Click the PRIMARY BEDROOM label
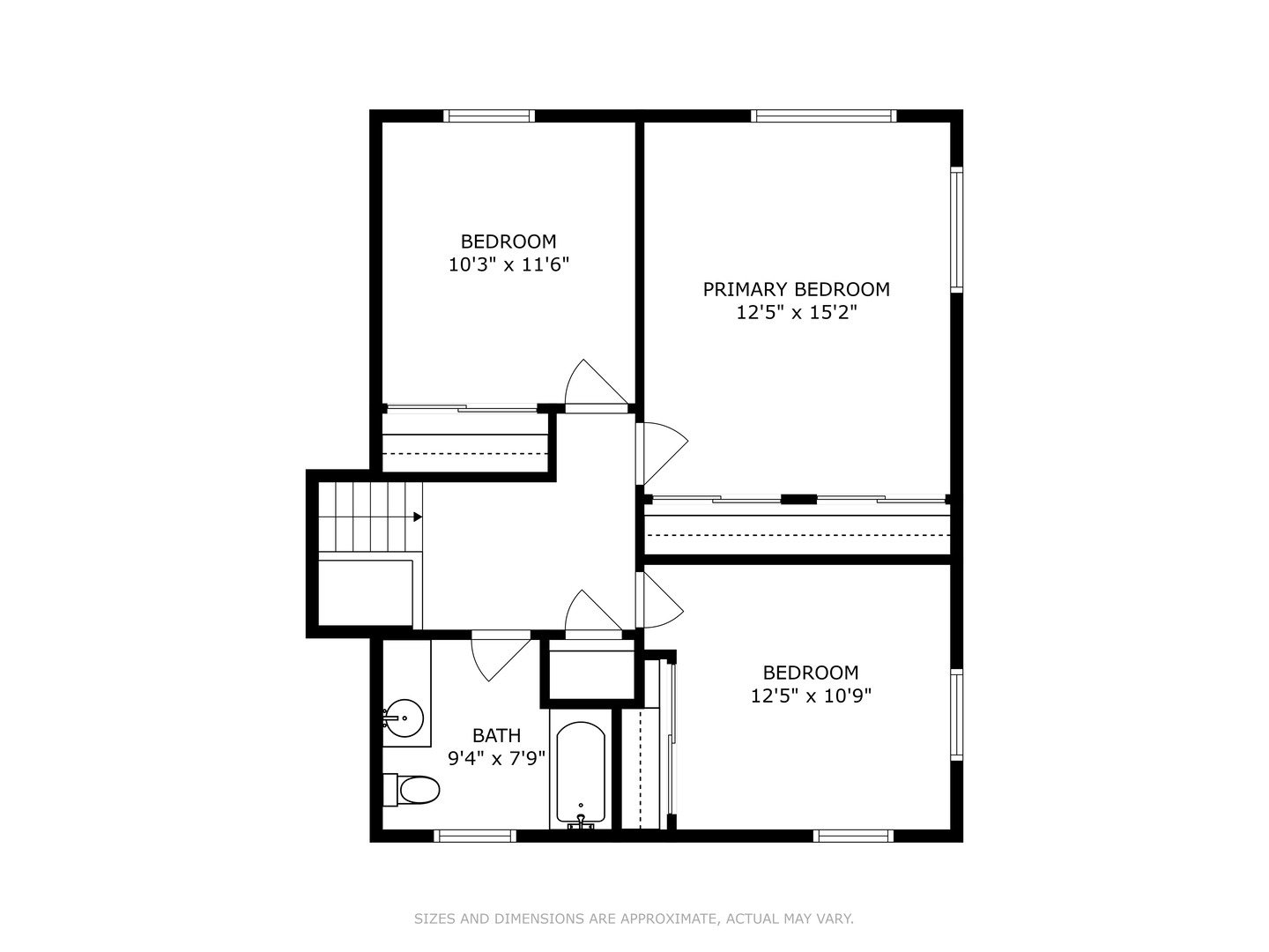796,289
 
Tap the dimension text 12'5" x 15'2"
797,312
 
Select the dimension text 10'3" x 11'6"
508,264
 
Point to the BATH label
496,735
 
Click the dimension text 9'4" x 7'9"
497,757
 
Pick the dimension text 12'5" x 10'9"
811,695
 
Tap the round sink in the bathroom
404,718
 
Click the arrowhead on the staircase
418,517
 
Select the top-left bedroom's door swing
592,384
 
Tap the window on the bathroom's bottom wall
476,836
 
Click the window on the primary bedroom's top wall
824,115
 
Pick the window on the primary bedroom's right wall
956,228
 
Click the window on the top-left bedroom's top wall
489,115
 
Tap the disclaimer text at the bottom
634,919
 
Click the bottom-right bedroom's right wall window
956,713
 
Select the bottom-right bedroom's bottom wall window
852,836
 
